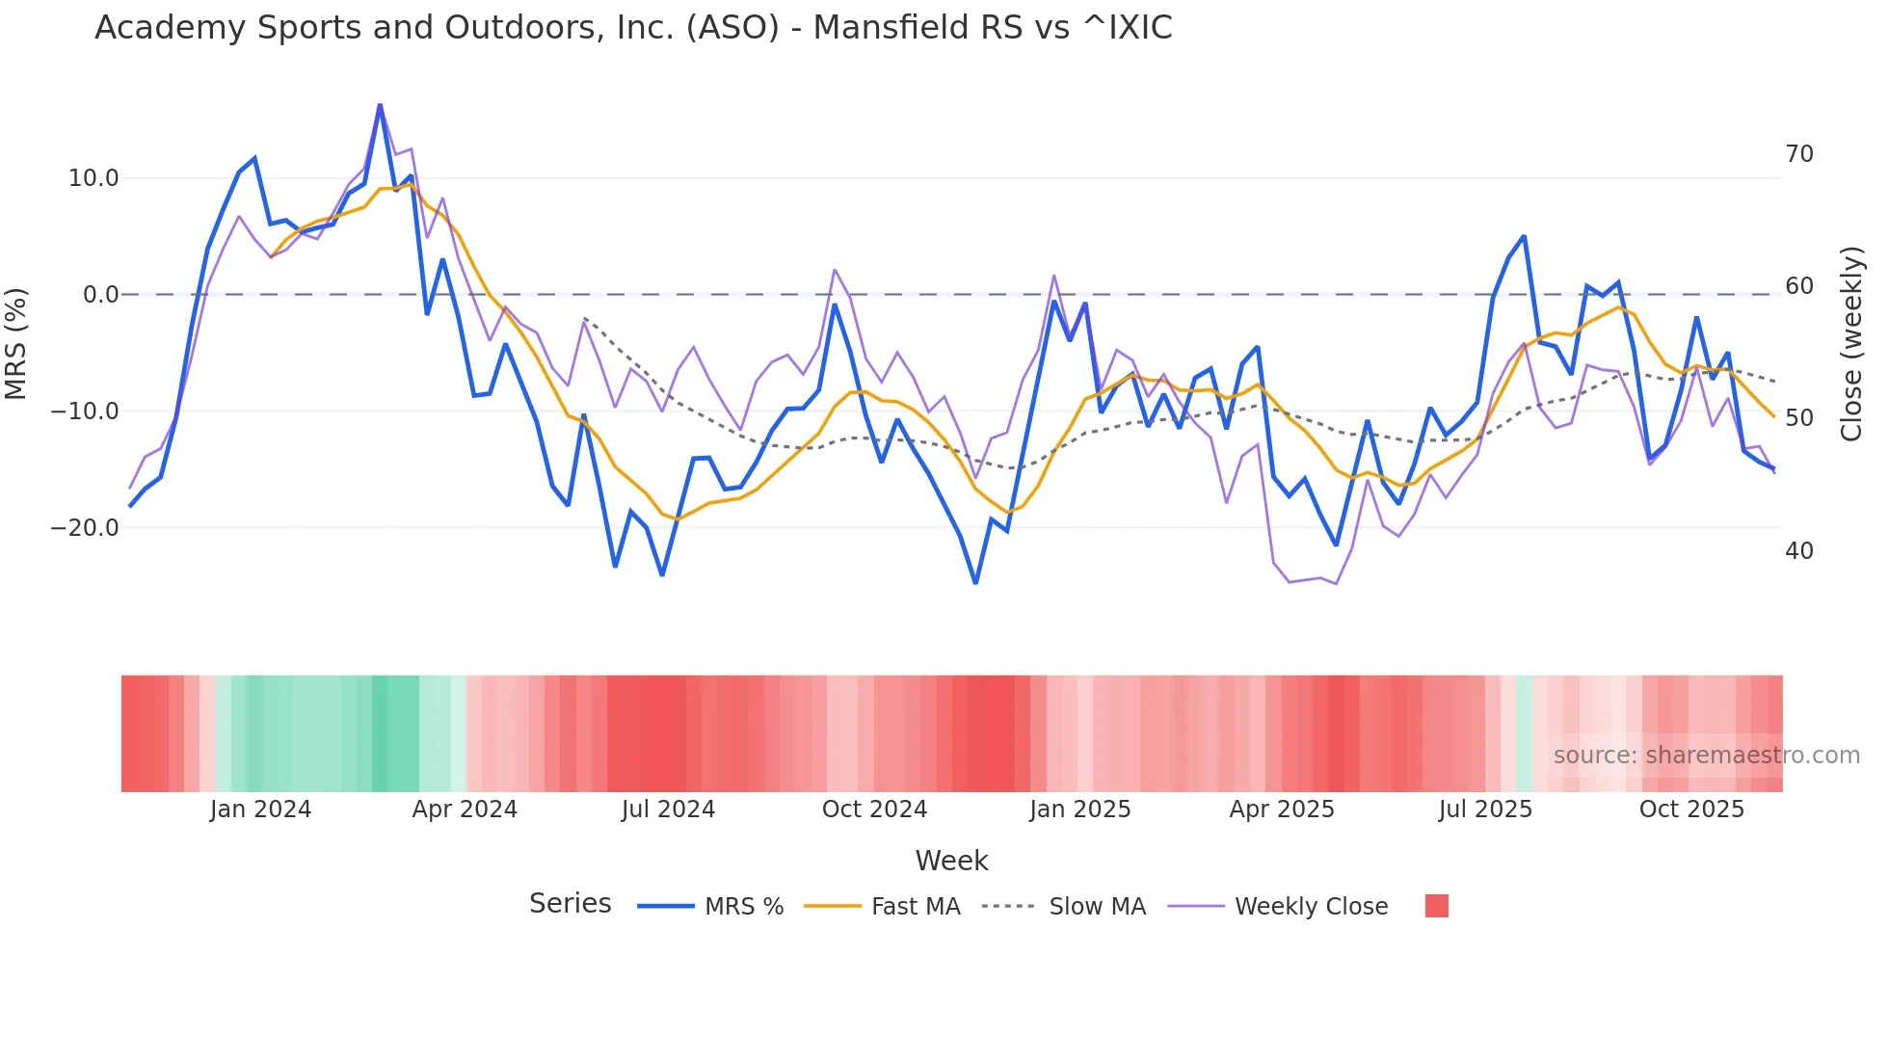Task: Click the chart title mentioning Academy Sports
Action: [x=633, y=28]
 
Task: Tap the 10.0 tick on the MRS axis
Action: [x=93, y=178]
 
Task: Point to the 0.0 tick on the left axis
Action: [x=100, y=295]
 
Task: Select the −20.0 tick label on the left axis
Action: [x=85, y=528]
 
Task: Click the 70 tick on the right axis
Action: [x=1798, y=154]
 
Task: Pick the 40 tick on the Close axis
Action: [x=1798, y=551]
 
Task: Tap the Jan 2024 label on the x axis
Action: [x=260, y=810]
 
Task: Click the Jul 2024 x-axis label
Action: [x=668, y=810]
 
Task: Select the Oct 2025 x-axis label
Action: [x=1691, y=810]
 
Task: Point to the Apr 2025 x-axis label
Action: [x=1282, y=810]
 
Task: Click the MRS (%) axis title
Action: [x=16, y=343]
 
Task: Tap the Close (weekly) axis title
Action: [x=1851, y=344]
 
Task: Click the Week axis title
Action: [x=951, y=861]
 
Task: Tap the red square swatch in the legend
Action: [x=1436, y=906]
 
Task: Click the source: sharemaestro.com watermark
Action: [x=1706, y=756]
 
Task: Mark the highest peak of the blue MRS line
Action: [x=380, y=105]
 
